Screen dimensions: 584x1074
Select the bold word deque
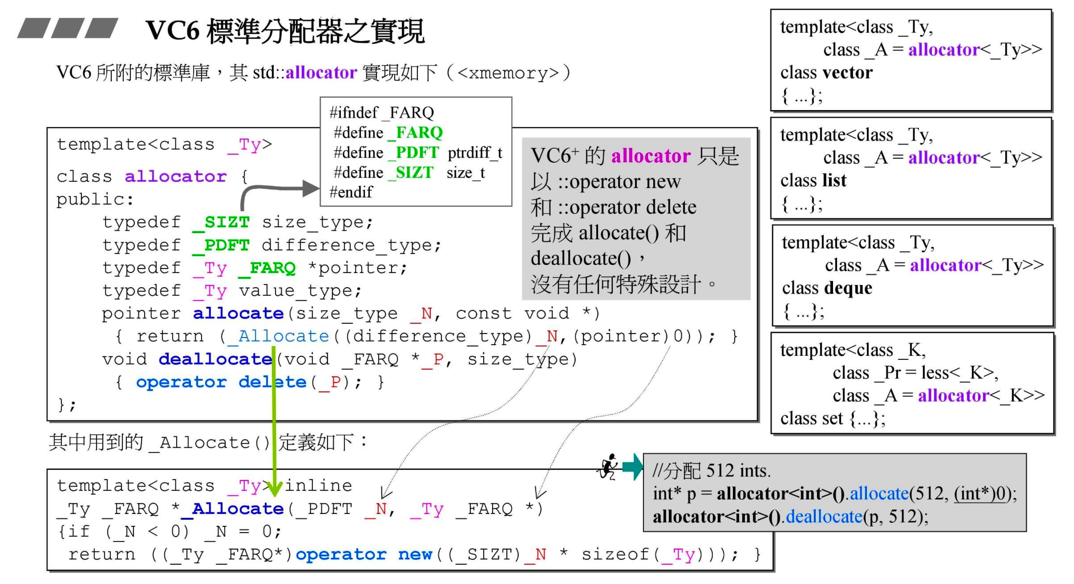[x=848, y=288]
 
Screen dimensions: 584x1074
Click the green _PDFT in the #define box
[x=413, y=153]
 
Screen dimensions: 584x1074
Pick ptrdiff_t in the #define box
[x=475, y=153]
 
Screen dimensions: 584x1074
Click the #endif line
[x=351, y=192]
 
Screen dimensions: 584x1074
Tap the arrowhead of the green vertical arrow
[x=274, y=488]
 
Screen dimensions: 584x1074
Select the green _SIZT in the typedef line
[x=221, y=222]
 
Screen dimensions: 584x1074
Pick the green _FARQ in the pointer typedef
[x=267, y=268]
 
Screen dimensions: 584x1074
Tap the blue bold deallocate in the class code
[x=215, y=359]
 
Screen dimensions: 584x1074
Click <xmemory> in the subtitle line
[x=508, y=73]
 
